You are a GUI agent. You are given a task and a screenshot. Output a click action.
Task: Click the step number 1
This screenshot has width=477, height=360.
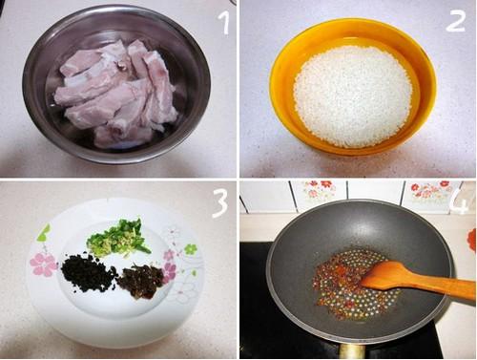click(x=224, y=22)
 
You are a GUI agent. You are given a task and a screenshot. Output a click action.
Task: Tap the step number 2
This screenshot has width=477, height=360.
click(x=455, y=22)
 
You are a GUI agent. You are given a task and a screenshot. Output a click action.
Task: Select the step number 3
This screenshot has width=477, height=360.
click(x=220, y=204)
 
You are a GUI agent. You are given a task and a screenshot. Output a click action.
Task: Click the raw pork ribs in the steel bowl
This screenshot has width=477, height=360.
click(x=116, y=93)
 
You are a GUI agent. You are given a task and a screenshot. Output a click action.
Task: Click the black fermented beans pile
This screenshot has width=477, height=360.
click(x=88, y=272)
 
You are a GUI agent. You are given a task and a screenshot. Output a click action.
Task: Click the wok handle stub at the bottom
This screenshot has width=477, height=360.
click(x=352, y=351)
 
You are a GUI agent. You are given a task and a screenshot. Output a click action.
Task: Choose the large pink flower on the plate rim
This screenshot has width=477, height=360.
click(x=43, y=265)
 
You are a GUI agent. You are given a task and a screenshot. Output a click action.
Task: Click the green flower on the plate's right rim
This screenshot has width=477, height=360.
click(x=190, y=248)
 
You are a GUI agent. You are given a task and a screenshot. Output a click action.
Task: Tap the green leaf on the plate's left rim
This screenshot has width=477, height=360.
click(x=44, y=233)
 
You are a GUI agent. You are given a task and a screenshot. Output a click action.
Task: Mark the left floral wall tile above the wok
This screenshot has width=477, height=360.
click(x=318, y=192)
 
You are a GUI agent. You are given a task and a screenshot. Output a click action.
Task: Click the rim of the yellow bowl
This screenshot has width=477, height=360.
click(x=353, y=23)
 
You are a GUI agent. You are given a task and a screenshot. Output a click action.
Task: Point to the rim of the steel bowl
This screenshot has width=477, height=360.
click(x=116, y=10)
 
